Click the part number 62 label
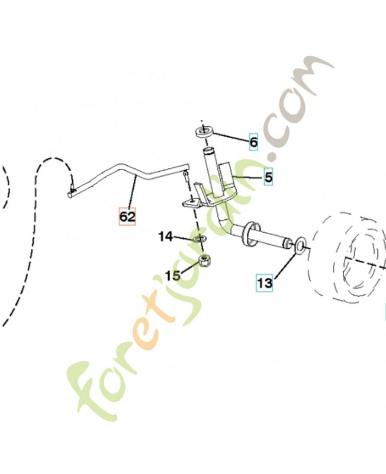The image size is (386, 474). point(127,216)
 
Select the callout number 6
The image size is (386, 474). point(253,142)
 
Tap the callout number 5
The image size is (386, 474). point(268,177)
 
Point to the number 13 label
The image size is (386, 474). point(265,283)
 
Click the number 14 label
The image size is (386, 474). point(166,236)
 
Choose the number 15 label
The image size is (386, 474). point(172,276)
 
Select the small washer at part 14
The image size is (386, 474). point(200,239)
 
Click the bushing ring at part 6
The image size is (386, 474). point(204,132)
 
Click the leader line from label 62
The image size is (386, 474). point(133,192)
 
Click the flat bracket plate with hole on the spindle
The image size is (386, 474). point(191,203)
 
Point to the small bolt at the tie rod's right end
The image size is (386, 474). point(185,176)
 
